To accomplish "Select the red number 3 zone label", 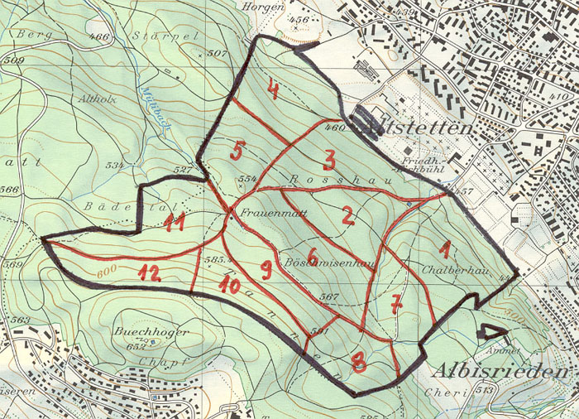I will tap(328, 159).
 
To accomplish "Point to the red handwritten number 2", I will tap(348, 217).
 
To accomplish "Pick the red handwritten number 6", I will tap(313, 254).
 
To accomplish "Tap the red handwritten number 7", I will tap(397, 304).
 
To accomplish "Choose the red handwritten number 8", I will tap(359, 361).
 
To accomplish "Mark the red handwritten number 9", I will tap(266, 268).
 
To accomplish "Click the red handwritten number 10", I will tap(229, 286).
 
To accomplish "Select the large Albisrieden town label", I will tap(501, 370).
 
